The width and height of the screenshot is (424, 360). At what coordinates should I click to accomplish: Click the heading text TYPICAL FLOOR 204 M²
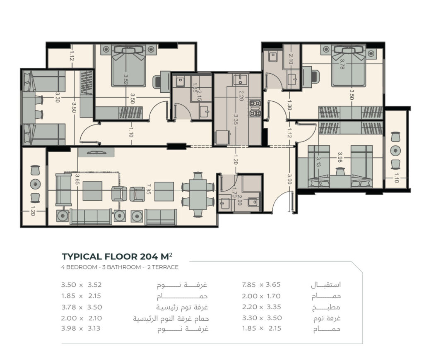coord(117,256)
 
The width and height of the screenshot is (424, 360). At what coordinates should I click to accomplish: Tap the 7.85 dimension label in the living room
coord(148,189)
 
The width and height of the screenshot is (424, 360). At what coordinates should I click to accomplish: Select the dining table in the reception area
coord(198,194)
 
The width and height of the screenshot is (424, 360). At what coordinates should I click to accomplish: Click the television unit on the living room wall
coord(96,152)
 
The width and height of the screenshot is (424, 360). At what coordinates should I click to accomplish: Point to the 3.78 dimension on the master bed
coord(342,64)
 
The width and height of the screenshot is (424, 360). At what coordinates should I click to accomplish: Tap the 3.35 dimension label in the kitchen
coord(236,120)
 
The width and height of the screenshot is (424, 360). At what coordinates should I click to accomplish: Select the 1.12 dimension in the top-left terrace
coord(72,56)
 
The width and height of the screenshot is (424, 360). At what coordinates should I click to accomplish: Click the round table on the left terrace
coord(35,184)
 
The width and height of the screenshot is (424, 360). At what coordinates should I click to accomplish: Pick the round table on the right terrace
coord(395,150)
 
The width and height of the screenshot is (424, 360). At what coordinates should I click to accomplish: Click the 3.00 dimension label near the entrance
coord(289,179)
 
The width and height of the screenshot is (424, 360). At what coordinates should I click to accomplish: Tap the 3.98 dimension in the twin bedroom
coord(340,157)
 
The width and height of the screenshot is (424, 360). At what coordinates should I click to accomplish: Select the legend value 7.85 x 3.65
coord(261,285)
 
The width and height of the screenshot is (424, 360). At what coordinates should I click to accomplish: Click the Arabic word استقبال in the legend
coord(325,285)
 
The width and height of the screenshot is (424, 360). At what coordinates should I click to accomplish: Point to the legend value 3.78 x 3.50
coord(82,307)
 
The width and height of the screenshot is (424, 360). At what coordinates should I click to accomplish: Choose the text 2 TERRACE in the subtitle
coord(163,267)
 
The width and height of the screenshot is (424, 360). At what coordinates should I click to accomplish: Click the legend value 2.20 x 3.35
coord(262,307)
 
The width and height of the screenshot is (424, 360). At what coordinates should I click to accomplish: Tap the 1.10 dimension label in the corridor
coord(131,132)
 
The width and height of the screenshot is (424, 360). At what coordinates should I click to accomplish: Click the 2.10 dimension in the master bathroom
coord(291,59)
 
